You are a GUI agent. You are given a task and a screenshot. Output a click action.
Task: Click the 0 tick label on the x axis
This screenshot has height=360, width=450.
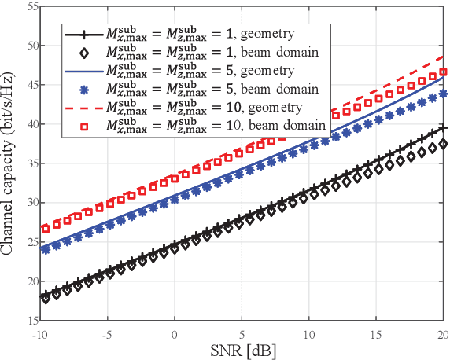pyautogui.click(x=175, y=333)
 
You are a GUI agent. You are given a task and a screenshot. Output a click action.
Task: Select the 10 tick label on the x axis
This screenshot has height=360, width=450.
pyautogui.click(x=310, y=333)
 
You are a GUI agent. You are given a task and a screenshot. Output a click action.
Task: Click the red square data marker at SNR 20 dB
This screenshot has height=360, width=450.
pyautogui.click(x=443, y=72)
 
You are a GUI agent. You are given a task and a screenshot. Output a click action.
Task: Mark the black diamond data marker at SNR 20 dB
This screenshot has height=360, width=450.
pyautogui.click(x=443, y=144)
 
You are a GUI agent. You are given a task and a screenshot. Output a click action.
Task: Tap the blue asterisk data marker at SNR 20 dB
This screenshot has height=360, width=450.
pyautogui.click(x=443, y=94)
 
